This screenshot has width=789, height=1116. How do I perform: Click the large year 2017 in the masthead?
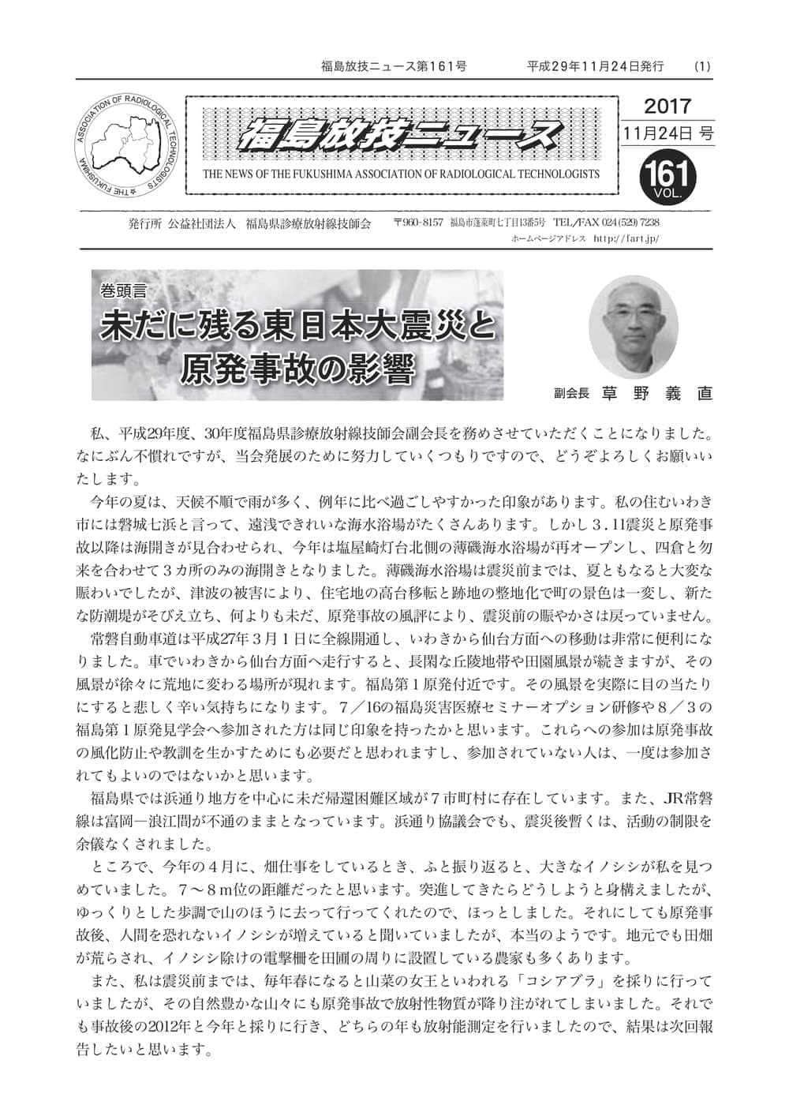pos(667,106)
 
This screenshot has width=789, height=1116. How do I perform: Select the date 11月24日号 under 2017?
pos(667,134)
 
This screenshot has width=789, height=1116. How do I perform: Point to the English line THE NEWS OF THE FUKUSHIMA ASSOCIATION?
pos(401,174)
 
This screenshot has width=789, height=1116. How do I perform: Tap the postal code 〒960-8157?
pos(417,223)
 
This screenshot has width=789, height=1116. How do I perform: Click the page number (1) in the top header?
pos(701,66)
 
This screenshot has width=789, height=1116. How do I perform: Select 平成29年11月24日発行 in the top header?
pos(595,66)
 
